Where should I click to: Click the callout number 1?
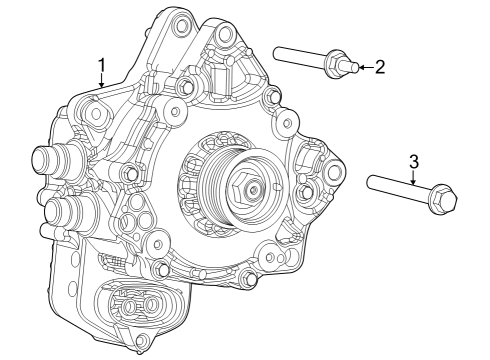(101, 65)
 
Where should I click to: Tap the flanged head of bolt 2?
(337, 66)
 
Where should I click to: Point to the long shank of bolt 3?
(395, 190)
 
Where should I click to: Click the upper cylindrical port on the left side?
(50, 160)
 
